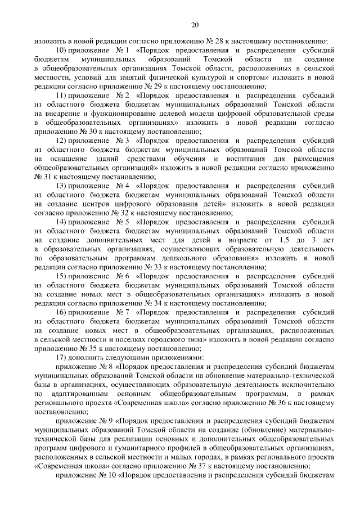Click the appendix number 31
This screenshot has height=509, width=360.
click(x=45, y=176)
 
